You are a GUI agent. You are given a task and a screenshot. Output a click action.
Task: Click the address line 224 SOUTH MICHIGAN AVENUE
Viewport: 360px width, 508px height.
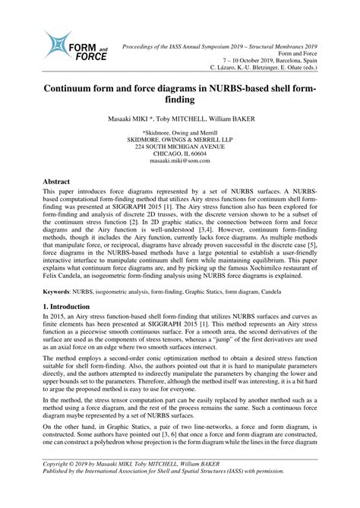(x=179, y=147)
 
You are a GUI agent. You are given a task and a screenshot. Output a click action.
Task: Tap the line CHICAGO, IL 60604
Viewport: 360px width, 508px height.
(x=179, y=154)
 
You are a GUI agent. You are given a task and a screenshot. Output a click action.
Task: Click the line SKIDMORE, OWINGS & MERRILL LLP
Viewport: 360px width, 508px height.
(x=179, y=140)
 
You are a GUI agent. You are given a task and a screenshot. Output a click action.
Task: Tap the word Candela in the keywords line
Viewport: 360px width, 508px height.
(x=318, y=292)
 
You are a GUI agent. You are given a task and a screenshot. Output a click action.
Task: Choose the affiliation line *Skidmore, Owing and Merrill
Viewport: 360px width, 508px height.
(x=179, y=132)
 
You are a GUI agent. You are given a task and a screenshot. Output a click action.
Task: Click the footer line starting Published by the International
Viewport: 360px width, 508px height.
(x=175, y=491)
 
